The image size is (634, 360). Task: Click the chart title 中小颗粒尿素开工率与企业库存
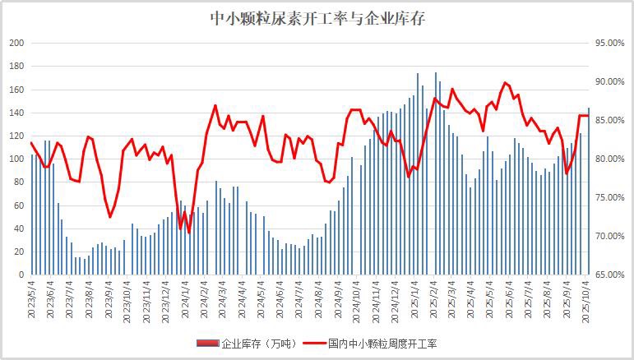point(317,16)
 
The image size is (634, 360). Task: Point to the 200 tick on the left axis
point(16,43)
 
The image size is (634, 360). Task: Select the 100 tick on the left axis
point(16,159)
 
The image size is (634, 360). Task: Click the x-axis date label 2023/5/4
point(32,300)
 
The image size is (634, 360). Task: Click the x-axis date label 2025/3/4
point(453,300)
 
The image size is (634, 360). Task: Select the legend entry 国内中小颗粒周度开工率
point(382,342)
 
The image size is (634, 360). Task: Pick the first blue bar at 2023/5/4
point(32,214)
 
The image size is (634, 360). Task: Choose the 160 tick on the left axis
point(16,89)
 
